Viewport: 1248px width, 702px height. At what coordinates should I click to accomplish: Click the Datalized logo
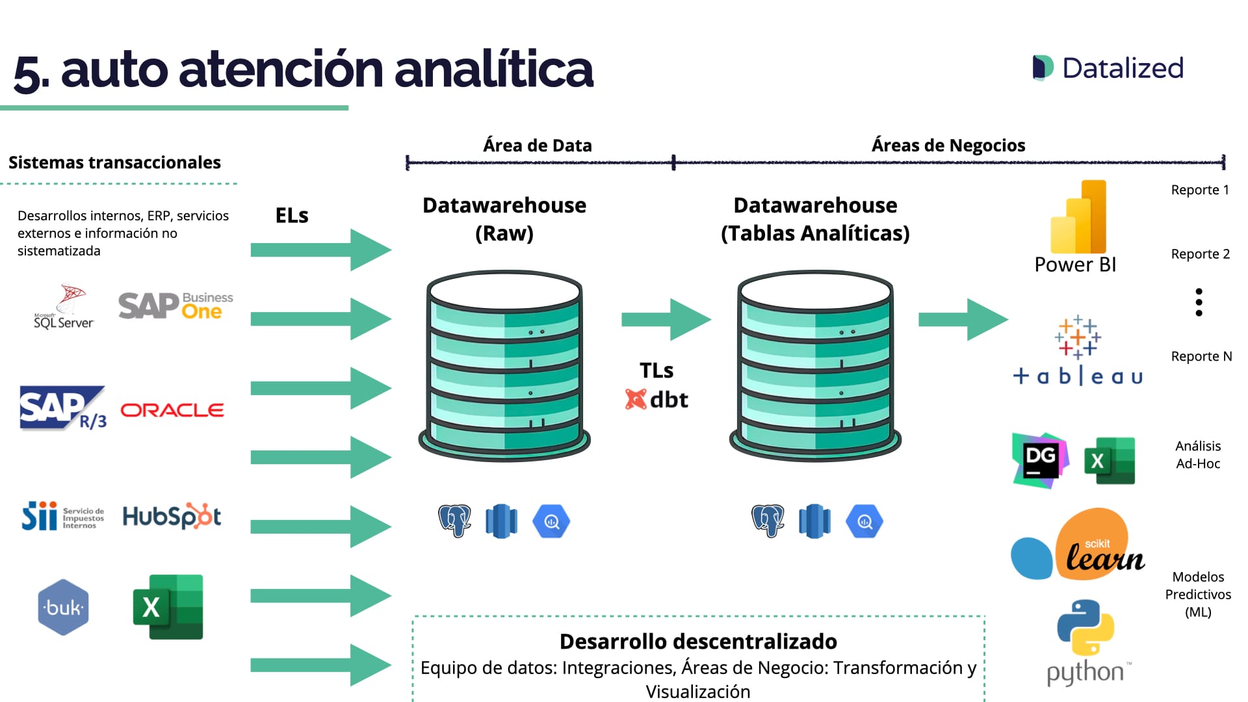(x=1108, y=68)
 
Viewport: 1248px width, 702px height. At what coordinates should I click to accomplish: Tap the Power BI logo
(x=1077, y=224)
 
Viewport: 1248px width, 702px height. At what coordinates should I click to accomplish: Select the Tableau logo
(x=1078, y=351)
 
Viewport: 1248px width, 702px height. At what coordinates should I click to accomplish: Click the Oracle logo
(x=172, y=410)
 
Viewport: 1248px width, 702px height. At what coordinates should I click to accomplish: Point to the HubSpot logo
(x=172, y=517)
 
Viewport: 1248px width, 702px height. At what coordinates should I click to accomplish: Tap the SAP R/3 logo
(x=63, y=408)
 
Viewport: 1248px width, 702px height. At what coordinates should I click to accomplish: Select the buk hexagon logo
(x=63, y=607)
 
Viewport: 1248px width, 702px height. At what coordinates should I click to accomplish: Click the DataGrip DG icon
(x=1040, y=460)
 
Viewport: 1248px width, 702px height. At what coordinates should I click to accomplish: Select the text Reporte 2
(x=1200, y=254)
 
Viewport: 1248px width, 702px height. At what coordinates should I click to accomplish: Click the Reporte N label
(x=1201, y=356)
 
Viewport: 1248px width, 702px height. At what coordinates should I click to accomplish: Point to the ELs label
(x=292, y=216)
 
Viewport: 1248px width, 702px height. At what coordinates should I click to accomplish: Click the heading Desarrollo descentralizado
(x=698, y=642)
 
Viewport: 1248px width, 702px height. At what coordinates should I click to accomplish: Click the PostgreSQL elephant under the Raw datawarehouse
(x=454, y=521)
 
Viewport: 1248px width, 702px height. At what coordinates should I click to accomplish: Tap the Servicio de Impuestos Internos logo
(x=63, y=517)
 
